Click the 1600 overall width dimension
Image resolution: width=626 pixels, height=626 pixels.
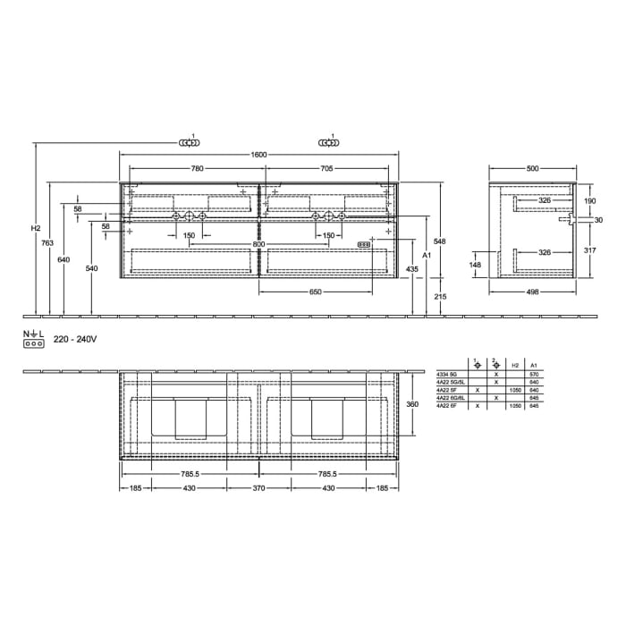coord(259,155)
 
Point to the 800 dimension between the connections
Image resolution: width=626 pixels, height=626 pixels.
coord(258,244)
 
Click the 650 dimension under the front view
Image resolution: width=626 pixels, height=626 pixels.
coord(317,292)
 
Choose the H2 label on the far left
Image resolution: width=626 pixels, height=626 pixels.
coord(35,229)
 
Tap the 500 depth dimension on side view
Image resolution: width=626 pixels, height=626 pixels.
coord(533,168)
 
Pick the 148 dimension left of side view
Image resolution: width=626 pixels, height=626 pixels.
coord(474,264)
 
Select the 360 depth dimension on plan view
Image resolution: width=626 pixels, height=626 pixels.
coord(413,404)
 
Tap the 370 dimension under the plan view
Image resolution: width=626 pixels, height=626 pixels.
coord(259,487)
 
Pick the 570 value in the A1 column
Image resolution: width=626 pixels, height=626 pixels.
coord(533,374)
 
